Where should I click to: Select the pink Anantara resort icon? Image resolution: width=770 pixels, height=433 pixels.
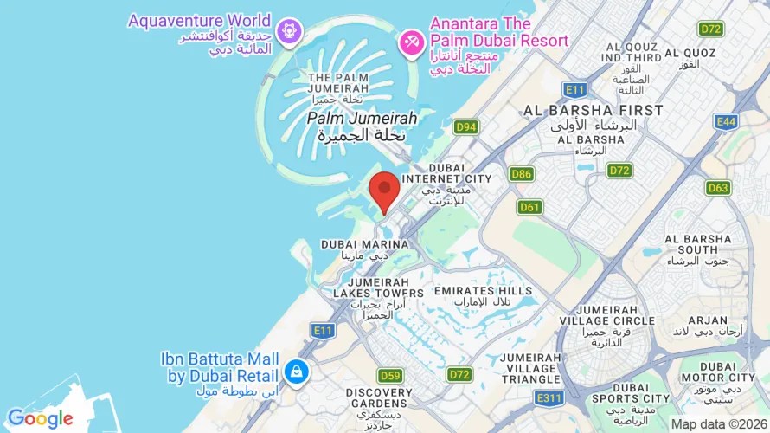409,41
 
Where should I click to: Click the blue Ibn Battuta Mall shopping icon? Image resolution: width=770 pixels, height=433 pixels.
297,371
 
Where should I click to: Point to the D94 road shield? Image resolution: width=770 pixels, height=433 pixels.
466,127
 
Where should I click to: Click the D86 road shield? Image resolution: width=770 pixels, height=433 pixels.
522,174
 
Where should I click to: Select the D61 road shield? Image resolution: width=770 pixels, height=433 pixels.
529,207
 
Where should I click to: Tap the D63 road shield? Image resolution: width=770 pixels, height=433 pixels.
718,187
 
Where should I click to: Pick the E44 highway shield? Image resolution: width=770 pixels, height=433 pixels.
726,122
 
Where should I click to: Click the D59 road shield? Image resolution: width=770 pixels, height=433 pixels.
390,375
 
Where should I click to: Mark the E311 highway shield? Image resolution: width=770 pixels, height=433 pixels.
548,397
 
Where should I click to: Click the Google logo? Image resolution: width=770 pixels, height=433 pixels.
40,419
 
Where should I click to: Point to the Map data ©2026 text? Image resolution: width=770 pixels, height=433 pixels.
719,423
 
